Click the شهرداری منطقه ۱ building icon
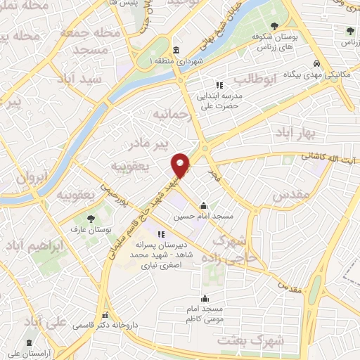point(175,50)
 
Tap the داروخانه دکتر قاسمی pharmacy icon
point(105,316)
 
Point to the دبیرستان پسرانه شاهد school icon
point(161,234)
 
